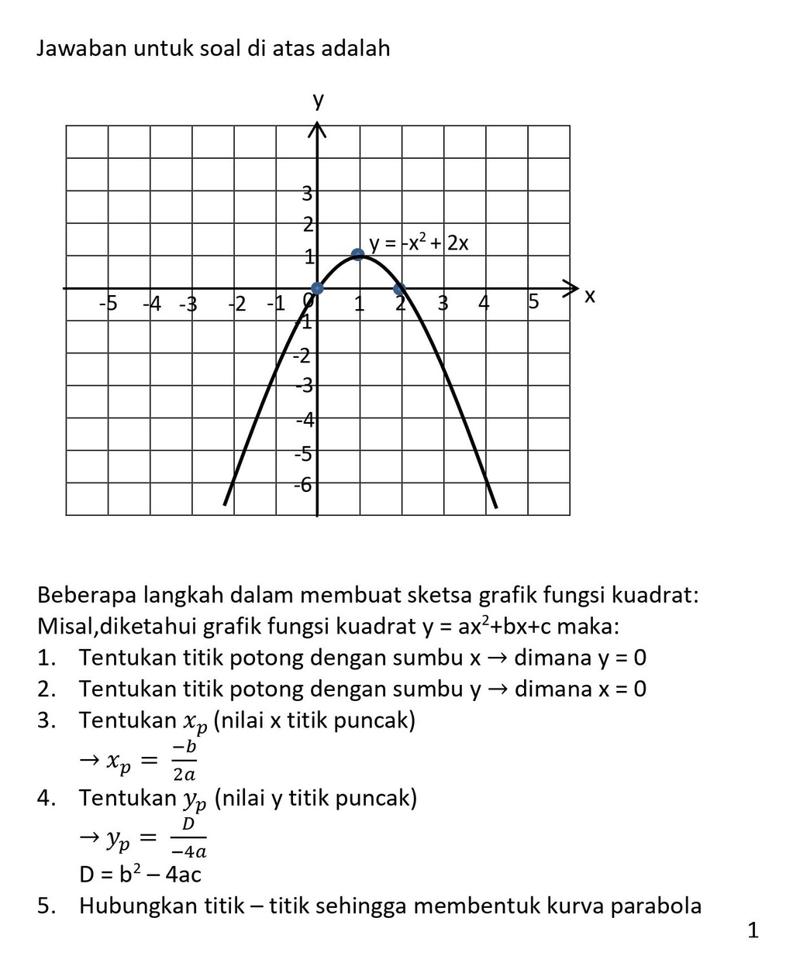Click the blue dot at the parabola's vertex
pos(357,254)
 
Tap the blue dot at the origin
pos(316,289)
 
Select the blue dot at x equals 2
pos(399,290)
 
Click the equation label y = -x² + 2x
pos(419,243)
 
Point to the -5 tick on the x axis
pos(108,303)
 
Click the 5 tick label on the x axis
pos(533,301)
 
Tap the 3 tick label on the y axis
pos(307,193)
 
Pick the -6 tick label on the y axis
pos(302,485)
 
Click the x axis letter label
pos(590,296)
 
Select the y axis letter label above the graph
pos(318,101)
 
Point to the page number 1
pos(753,930)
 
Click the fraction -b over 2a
pos(184,760)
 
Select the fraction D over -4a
pos(188,837)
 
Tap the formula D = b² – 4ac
pos(140,875)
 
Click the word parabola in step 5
pos(656,906)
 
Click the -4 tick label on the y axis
pos(305,420)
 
